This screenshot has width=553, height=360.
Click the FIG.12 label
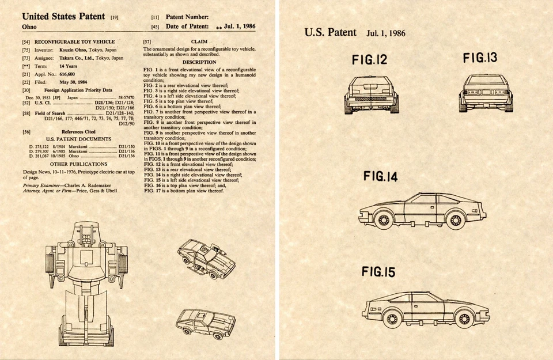pos(369,60)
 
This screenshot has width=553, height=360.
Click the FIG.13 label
pos(480,58)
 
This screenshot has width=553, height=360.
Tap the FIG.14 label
pos(380,177)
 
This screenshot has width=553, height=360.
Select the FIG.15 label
pos(379,272)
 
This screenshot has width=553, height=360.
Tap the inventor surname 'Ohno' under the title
pos(29,27)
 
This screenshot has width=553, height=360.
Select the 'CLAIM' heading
pos(199,42)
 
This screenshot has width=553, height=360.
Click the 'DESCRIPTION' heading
pos(199,62)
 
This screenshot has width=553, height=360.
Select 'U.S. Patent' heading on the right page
pos(331,32)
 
